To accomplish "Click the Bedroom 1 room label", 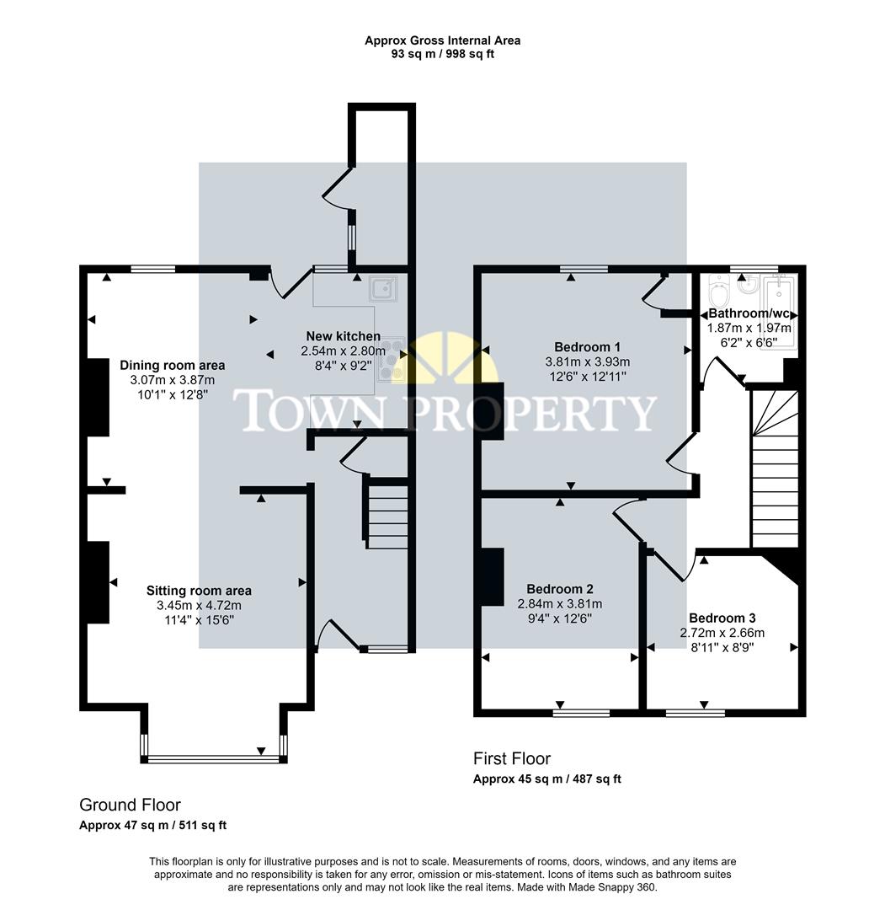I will pos(587,347).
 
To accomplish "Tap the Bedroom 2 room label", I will pos(560,589).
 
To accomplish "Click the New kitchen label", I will pos(343,336).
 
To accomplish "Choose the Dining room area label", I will pos(173,365).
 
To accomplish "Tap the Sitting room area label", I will pos(199,591).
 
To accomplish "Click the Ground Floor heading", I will pos(130,805).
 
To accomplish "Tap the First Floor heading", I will pos(512,758).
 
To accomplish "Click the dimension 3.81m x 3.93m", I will pos(587,361).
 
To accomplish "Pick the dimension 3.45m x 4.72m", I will pos(199,605).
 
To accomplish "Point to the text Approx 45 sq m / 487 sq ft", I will pos(547,779).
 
